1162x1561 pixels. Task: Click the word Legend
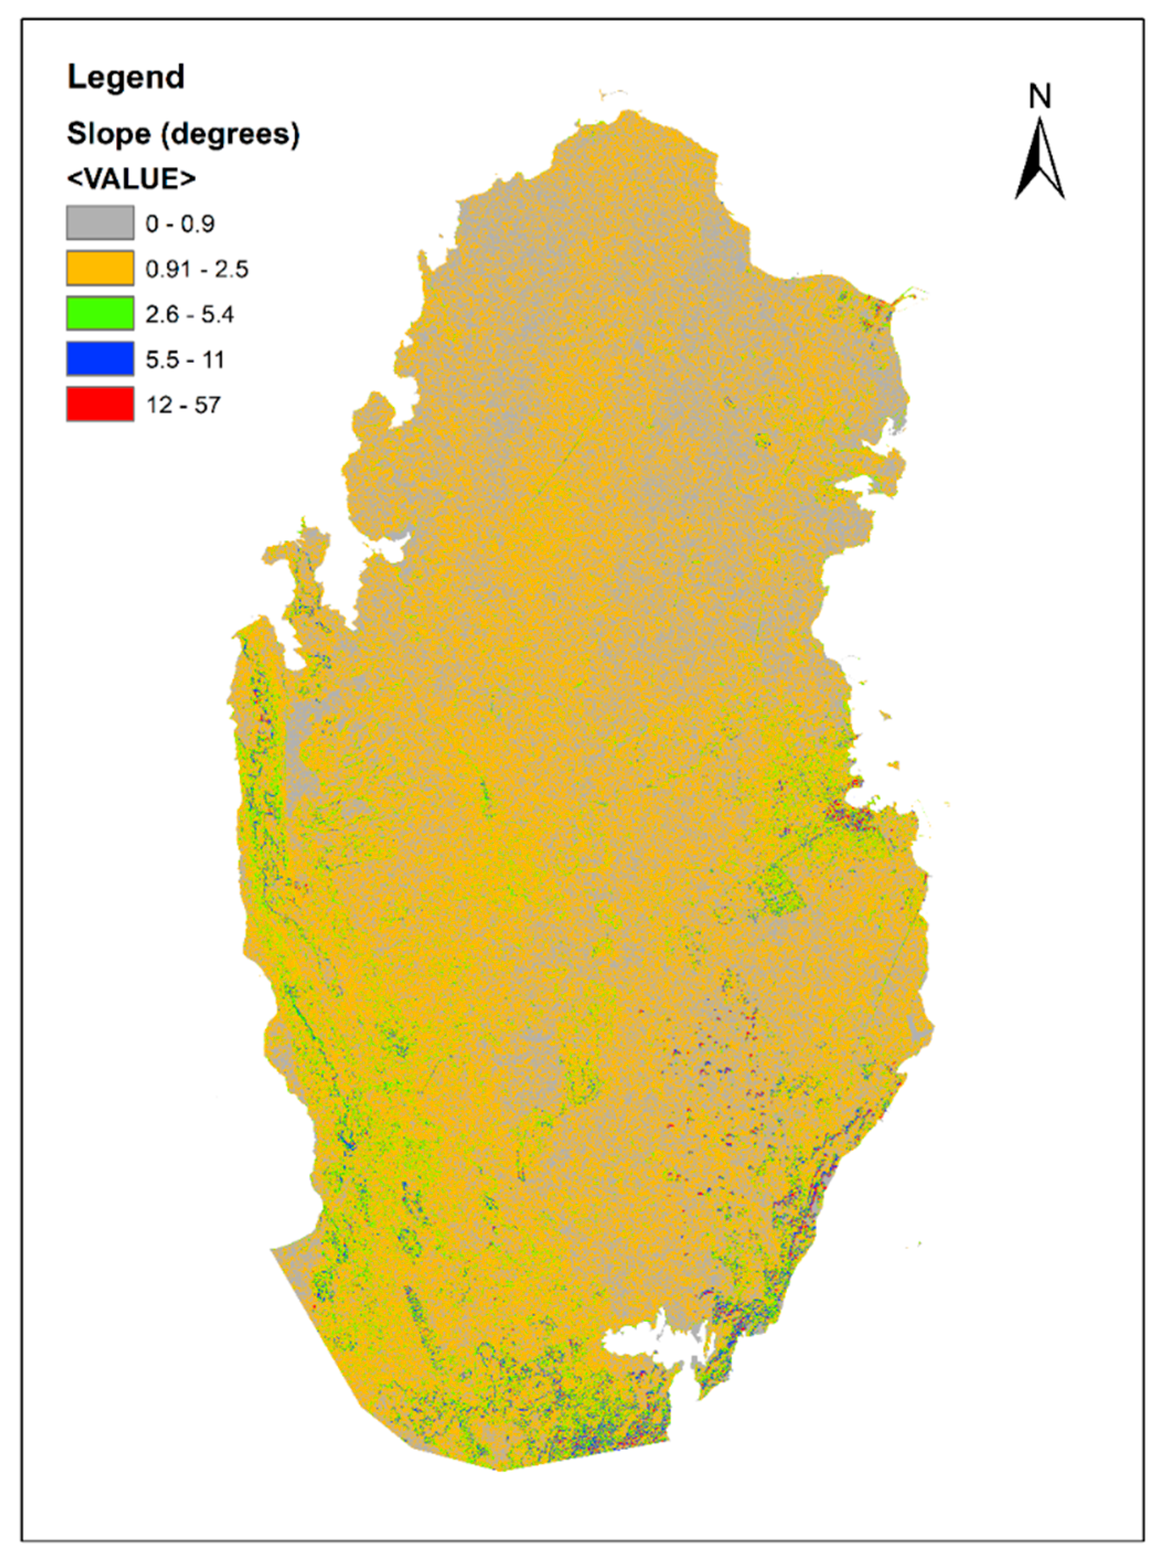pos(126,77)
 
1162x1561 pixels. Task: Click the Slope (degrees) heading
pos(183,133)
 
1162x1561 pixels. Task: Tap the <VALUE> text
pos(131,179)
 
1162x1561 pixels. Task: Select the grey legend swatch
pos(100,223)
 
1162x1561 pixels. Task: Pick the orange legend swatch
pos(100,268)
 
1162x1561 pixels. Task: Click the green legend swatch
pos(100,314)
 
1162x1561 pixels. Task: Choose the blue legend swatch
pos(100,358)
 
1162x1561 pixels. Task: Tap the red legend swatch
pos(100,404)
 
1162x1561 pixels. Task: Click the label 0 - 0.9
pos(179,224)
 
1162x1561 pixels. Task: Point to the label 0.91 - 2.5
pos(197,269)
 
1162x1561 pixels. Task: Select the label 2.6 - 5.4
pos(189,314)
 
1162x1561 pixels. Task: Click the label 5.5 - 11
pos(184,360)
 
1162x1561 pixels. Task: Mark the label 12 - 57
pos(183,405)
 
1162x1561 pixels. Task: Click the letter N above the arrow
pos(1040,96)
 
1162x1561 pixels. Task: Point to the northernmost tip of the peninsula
pos(628,112)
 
